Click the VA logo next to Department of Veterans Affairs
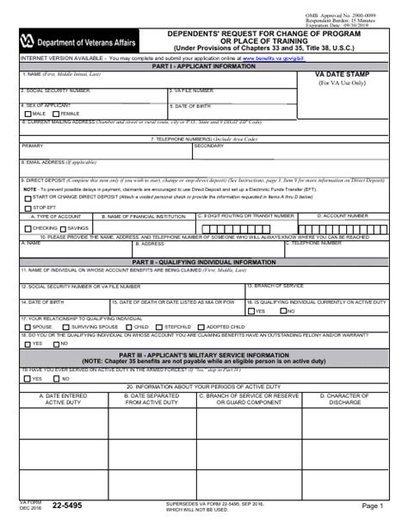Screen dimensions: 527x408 click(27, 40)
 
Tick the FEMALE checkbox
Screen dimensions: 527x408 click(58, 113)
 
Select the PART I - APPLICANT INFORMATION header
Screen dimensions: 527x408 click(204, 65)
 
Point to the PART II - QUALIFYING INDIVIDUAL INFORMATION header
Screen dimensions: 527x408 click(204, 261)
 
